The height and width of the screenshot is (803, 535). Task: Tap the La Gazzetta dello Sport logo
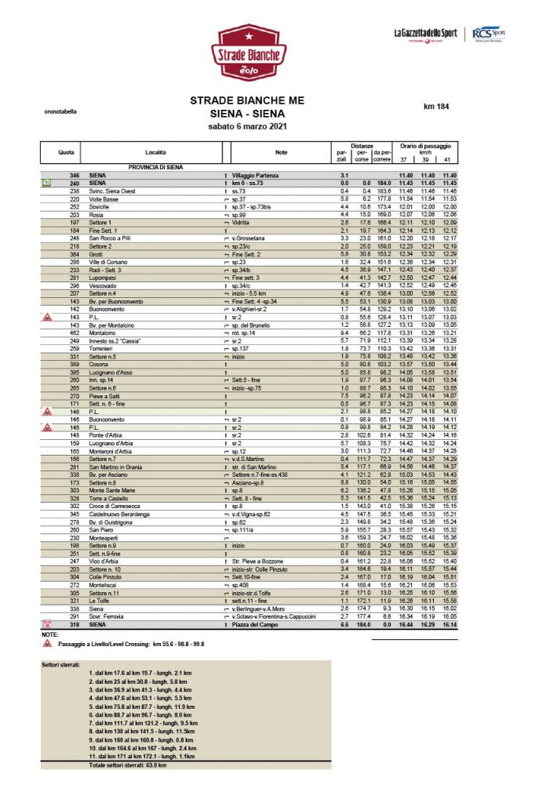[x=425, y=33]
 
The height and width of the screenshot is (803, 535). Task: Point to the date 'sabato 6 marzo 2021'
[x=244, y=125]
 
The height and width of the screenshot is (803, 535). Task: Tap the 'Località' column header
[x=155, y=151]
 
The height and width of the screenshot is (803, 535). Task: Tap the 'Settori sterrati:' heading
[x=64, y=664]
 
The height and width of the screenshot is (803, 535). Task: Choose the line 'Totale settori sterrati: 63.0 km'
[x=128, y=765]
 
